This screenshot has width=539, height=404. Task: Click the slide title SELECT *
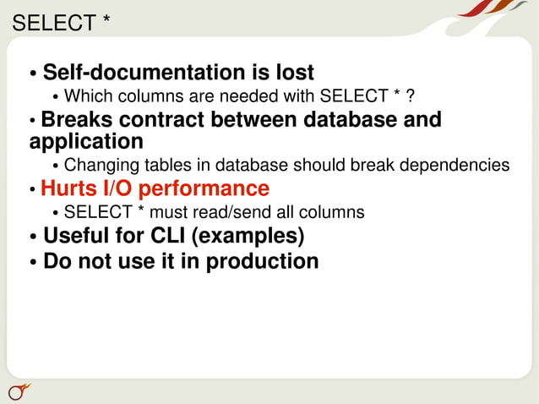coord(61,23)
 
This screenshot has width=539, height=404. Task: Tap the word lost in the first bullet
coord(294,73)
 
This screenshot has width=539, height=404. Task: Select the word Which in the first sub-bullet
coord(87,95)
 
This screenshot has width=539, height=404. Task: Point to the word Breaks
coord(81,119)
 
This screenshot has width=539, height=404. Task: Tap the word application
coord(86,141)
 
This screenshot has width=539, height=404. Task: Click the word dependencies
coord(461,165)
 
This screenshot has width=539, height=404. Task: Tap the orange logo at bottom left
coord(19,390)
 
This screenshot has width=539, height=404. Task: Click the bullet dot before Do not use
coord(33,263)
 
